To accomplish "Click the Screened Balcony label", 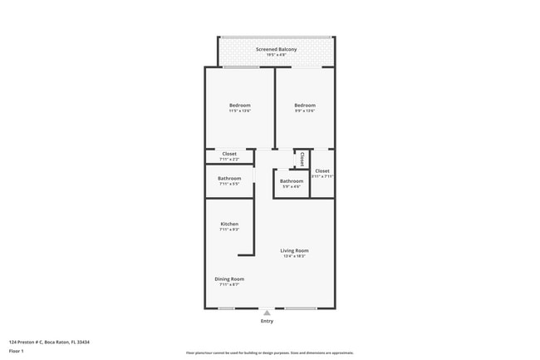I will pyautogui.click(x=276, y=49).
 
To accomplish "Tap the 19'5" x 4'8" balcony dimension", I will pyautogui.click(x=276, y=56).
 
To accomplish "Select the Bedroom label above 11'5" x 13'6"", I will pyautogui.click(x=240, y=105).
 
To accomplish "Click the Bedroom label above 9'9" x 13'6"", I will pyautogui.click(x=305, y=105).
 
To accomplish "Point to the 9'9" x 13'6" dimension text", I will pyautogui.click(x=305, y=111).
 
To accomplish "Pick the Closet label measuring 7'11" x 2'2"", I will pyautogui.click(x=229, y=153).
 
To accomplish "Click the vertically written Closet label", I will pyautogui.click(x=302, y=159).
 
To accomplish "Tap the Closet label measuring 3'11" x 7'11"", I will pyautogui.click(x=322, y=170).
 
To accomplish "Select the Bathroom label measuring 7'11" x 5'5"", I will pyautogui.click(x=229, y=178).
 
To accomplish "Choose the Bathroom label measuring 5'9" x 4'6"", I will pyautogui.click(x=292, y=180).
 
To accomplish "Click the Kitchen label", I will pyautogui.click(x=229, y=224).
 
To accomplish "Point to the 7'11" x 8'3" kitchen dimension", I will pyautogui.click(x=229, y=230).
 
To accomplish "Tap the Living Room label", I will pyautogui.click(x=294, y=250).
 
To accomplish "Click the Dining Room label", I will pyautogui.click(x=229, y=279).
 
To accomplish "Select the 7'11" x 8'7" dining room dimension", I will pyautogui.click(x=229, y=285).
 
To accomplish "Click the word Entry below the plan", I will pyautogui.click(x=267, y=321).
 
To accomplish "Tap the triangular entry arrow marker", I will pyautogui.click(x=267, y=313).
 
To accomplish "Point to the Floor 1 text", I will pyautogui.click(x=16, y=352).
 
